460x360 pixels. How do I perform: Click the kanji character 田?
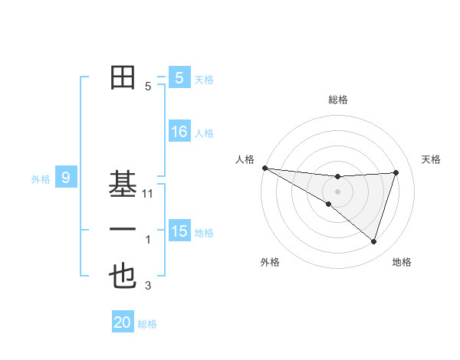[123, 77]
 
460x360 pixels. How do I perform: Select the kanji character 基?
[123, 183]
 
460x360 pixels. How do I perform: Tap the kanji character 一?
[123, 230]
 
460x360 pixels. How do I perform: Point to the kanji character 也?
[123, 277]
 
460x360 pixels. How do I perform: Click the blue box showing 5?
[179, 77]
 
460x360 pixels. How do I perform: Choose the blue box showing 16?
[179, 132]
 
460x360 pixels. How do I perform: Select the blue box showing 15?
[179, 231]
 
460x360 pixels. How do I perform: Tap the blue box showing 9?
[66, 178]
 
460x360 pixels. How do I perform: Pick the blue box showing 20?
[123, 322]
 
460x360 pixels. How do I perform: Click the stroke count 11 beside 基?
[149, 194]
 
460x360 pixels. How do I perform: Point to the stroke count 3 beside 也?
[148, 286]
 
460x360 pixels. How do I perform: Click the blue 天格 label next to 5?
[203, 79]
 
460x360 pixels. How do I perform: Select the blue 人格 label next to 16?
[204, 133]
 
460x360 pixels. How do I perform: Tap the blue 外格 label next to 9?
[41, 179]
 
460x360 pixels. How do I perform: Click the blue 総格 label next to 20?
[147, 324]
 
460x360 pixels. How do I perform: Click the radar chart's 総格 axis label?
[337, 100]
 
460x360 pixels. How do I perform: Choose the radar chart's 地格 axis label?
[402, 262]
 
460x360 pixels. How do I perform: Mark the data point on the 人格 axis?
[264, 167]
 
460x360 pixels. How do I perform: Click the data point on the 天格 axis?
[396, 172]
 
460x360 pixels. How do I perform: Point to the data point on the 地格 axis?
[373, 241]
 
